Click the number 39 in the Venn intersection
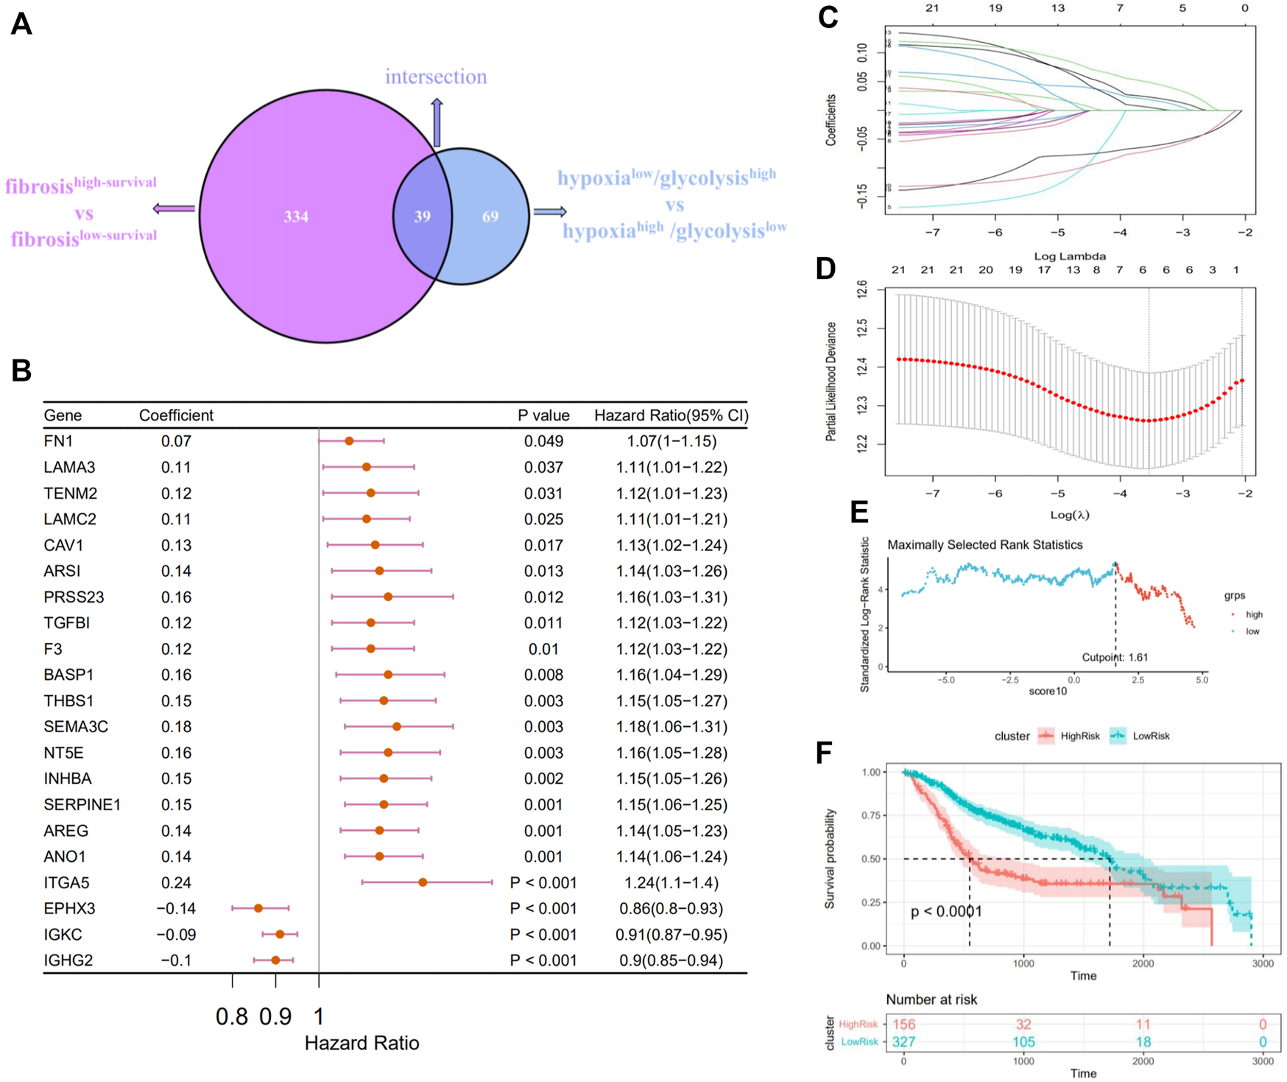click(422, 217)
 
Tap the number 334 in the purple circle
click(296, 217)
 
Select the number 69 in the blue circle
click(490, 217)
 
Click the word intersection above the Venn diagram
click(436, 77)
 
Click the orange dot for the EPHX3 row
click(258, 908)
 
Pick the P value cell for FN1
click(543, 441)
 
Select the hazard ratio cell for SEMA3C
click(671, 727)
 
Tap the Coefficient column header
click(176, 415)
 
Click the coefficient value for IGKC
click(176, 935)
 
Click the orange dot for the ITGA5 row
click(423, 882)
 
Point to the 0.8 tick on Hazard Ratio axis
click(232, 1017)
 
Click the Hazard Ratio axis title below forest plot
click(362, 1043)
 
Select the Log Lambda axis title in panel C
click(1070, 256)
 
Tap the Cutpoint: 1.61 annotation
click(1115, 657)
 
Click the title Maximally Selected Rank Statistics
click(984, 545)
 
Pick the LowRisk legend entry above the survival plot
click(1140, 736)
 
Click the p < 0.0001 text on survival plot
click(946, 912)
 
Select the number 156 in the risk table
click(903, 1025)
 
